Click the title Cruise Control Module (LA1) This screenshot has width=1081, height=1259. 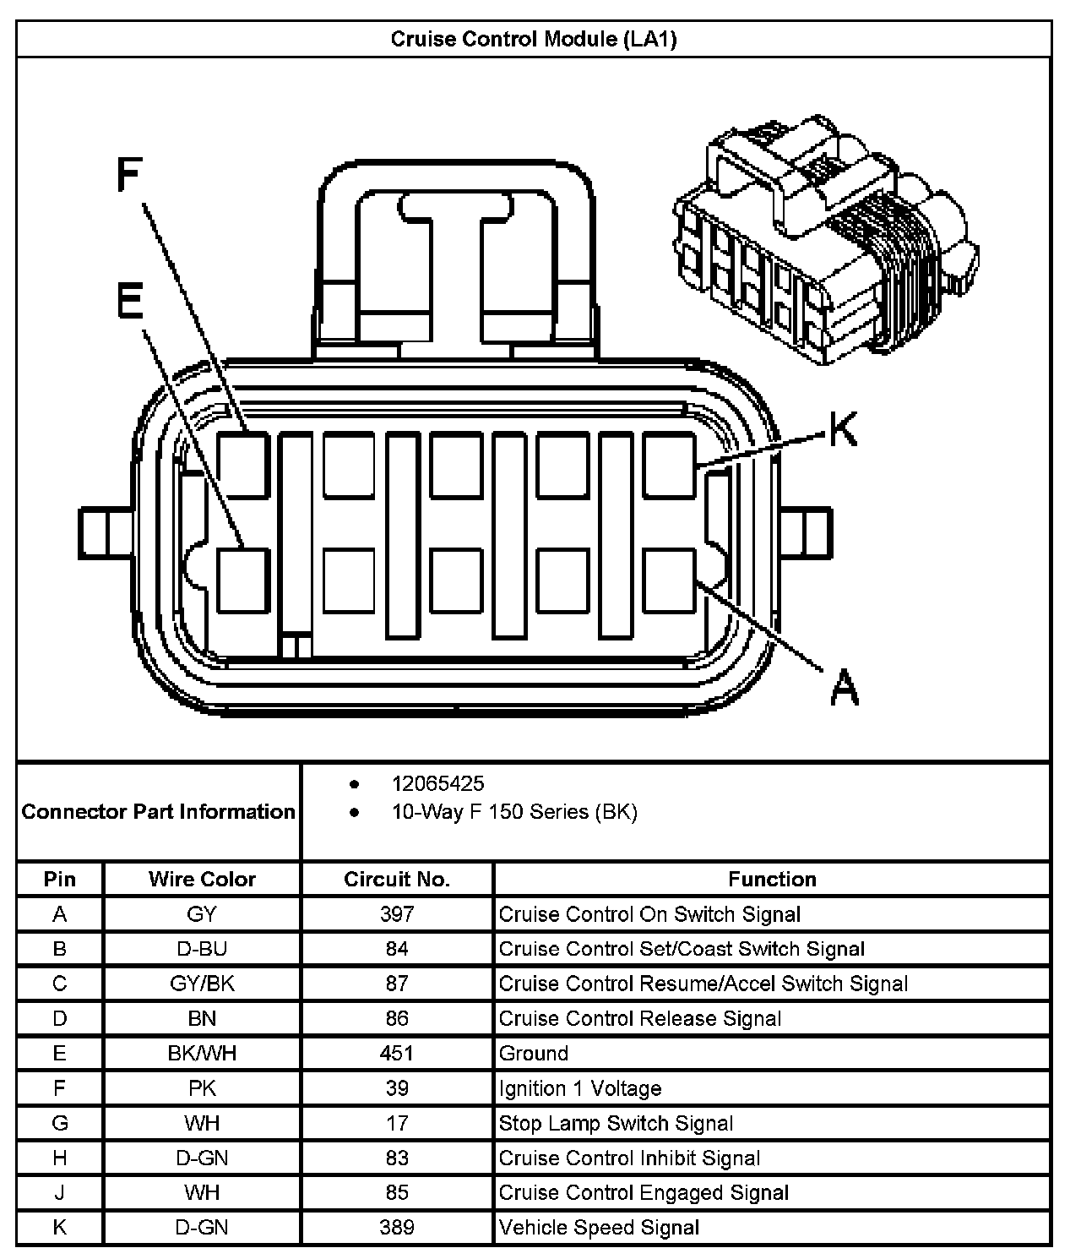pyautogui.click(x=533, y=40)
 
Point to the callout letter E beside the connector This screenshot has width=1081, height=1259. pyautogui.click(x=130, y=301)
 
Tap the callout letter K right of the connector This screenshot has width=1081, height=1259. pyautogui.click(x=842, y=429)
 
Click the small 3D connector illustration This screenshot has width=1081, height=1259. pyautogui.click(x=825, y=241)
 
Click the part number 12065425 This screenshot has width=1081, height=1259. pyautogui.click(x=437, y=783)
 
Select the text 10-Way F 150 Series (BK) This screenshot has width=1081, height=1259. pyautogui.click(x=513, y=812)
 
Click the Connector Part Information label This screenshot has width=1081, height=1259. pyautogui.click(x=159, y=812)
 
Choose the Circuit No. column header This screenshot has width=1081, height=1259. pyautogui.click(x=397, y=880)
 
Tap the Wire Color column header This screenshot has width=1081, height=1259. pyautogui.click(x=202, y=880)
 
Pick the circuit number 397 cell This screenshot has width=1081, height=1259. pyautogui.click(x=397, y=914)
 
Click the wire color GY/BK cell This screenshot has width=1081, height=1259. pyautogui.click(x=202, y=984)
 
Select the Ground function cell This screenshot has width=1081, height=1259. pyautogui.click(x=534, y=1054)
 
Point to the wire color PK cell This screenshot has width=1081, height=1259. pyautogui.click(x=202, y=1088)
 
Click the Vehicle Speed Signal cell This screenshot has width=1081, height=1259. pyautogui.click(x=599, y=1227)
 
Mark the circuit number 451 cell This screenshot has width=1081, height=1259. pyautogui.click(x=397, y=1054)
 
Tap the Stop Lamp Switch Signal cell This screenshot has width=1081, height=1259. pyautogui.click(x=616, y=1123)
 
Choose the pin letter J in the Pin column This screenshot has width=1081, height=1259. pyautogui.click(x=59, y=1192)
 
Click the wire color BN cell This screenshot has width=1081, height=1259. pyautogui.click(x=202, y=1019)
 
